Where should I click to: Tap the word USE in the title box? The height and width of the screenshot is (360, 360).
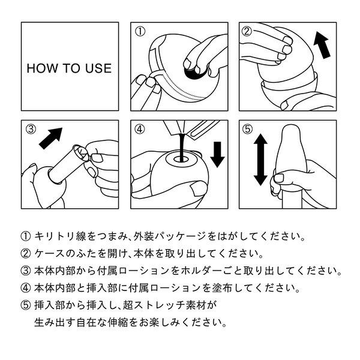click(98, 68)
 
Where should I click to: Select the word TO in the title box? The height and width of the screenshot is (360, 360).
click(70, 68)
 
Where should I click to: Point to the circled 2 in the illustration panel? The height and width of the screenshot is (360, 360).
click(246, 31)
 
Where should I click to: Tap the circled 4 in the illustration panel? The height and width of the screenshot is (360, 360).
click(140, 129)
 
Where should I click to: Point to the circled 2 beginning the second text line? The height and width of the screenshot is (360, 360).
click(25, 253)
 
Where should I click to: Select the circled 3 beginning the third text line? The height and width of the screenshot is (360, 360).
click(25, 271)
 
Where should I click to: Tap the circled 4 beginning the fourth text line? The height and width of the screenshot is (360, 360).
click(25, 288)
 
